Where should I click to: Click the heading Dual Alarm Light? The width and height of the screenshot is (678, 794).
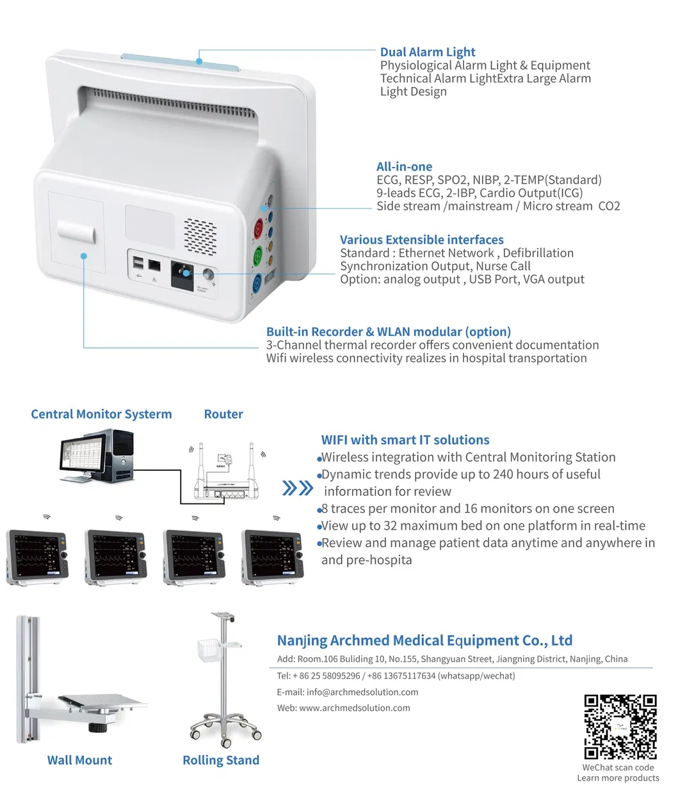tap(427, 52)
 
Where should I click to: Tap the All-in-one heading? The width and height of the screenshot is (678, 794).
tap(404, 166)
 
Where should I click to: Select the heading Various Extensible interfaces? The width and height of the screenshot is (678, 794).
tap(421, 240)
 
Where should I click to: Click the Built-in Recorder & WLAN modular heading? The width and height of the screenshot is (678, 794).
tap(388, 331)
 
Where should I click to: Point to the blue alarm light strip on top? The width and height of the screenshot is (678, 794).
tap(181, 62)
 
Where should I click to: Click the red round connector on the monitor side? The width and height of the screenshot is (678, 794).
tap(258, 227)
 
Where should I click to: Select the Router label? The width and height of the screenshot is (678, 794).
tap(223, 414)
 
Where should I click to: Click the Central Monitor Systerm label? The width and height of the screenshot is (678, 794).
tap(101, 414)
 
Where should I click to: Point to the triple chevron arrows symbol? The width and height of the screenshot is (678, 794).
tap(298, 489)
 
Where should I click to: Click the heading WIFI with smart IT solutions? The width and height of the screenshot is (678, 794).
tap(405, 440)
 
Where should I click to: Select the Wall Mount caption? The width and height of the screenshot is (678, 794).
tap(79, 760)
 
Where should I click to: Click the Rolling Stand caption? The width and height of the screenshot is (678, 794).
tap(221, 760)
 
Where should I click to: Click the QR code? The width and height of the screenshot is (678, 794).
tap(620, 727)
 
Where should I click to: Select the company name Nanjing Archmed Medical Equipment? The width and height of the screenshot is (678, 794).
tap(424, 640)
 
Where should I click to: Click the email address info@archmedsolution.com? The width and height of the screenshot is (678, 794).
tap(362, 692)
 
